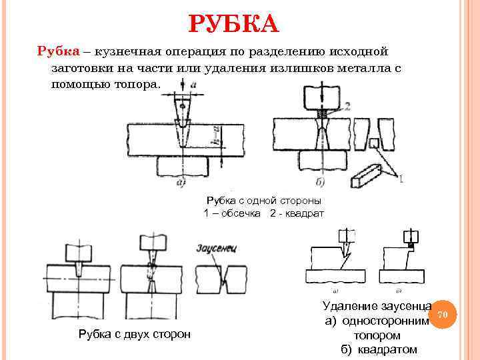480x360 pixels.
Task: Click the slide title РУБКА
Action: point(233,25)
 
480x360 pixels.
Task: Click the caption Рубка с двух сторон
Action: point(135,334)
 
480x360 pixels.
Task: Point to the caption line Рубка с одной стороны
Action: point(264,200)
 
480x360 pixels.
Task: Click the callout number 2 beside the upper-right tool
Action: point(348,106)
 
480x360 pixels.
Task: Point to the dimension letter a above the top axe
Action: point(193,84)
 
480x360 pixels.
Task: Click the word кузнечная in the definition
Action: point(133,51)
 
